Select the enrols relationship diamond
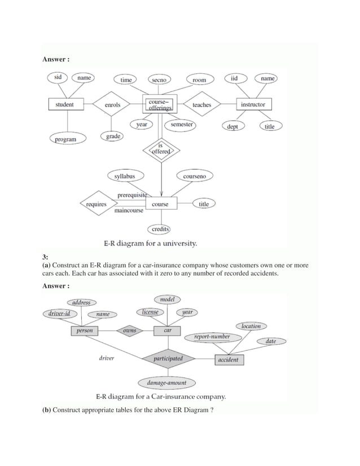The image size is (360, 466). [112, 104]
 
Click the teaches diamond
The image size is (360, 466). [201, 104]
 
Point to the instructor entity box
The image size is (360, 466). [252, 104]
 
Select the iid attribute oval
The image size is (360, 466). [234, 78]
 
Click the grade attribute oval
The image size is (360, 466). [113, 136]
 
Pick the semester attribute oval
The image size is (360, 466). [181, 124]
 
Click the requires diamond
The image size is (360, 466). [96, 204]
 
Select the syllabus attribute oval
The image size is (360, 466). [125, 177]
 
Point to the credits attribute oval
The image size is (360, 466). [160, 229]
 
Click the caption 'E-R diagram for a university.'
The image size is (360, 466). [150, 244]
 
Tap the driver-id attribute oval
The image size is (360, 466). [59, 313]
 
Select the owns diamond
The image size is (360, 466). [129, 331]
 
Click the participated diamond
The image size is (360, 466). [168, 358]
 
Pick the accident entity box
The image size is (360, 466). [229, 359]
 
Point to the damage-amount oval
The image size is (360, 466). [166, 383]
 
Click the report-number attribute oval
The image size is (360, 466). [212, 337]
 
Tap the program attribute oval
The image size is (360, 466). [65, 139]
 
